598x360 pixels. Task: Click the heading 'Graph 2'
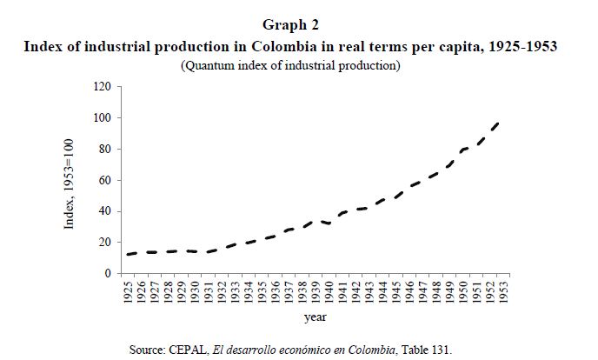298,27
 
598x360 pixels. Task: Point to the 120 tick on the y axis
103,87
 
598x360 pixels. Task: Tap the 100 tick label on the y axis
103,118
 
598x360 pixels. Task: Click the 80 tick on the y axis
106,150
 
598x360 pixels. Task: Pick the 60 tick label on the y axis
106,181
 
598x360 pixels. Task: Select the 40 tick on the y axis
106,211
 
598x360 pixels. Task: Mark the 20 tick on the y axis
106,243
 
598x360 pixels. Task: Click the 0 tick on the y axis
109,274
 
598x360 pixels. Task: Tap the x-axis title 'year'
316,317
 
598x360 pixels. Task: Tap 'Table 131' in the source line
431,349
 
